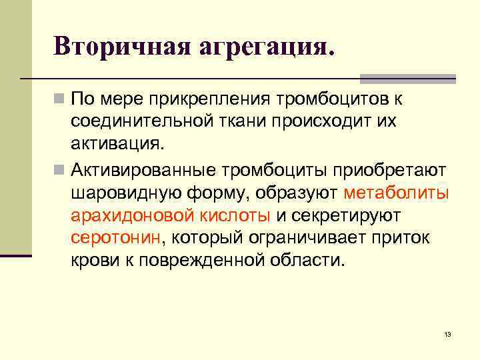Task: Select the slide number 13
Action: coord(447,334)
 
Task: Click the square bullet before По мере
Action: coord(61,100)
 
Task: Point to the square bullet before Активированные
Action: coord(61,171)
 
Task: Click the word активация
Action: coord(116,143)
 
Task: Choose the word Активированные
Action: coord(143,171)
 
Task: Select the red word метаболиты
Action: coord(397,193)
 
